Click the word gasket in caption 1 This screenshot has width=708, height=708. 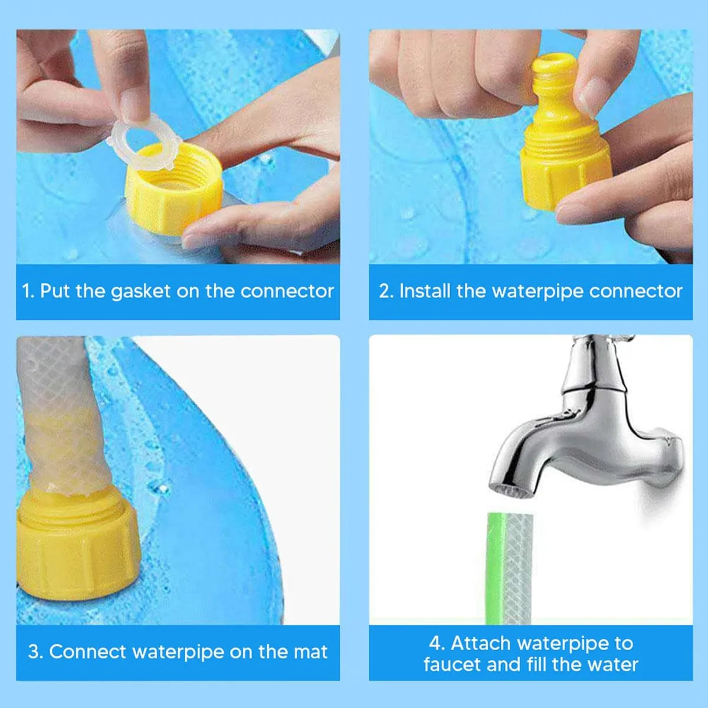coord(140,291)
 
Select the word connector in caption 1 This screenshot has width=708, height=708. coord(287,291)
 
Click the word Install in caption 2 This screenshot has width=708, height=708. coord(425,291)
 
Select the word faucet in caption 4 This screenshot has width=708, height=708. coord(451,665)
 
